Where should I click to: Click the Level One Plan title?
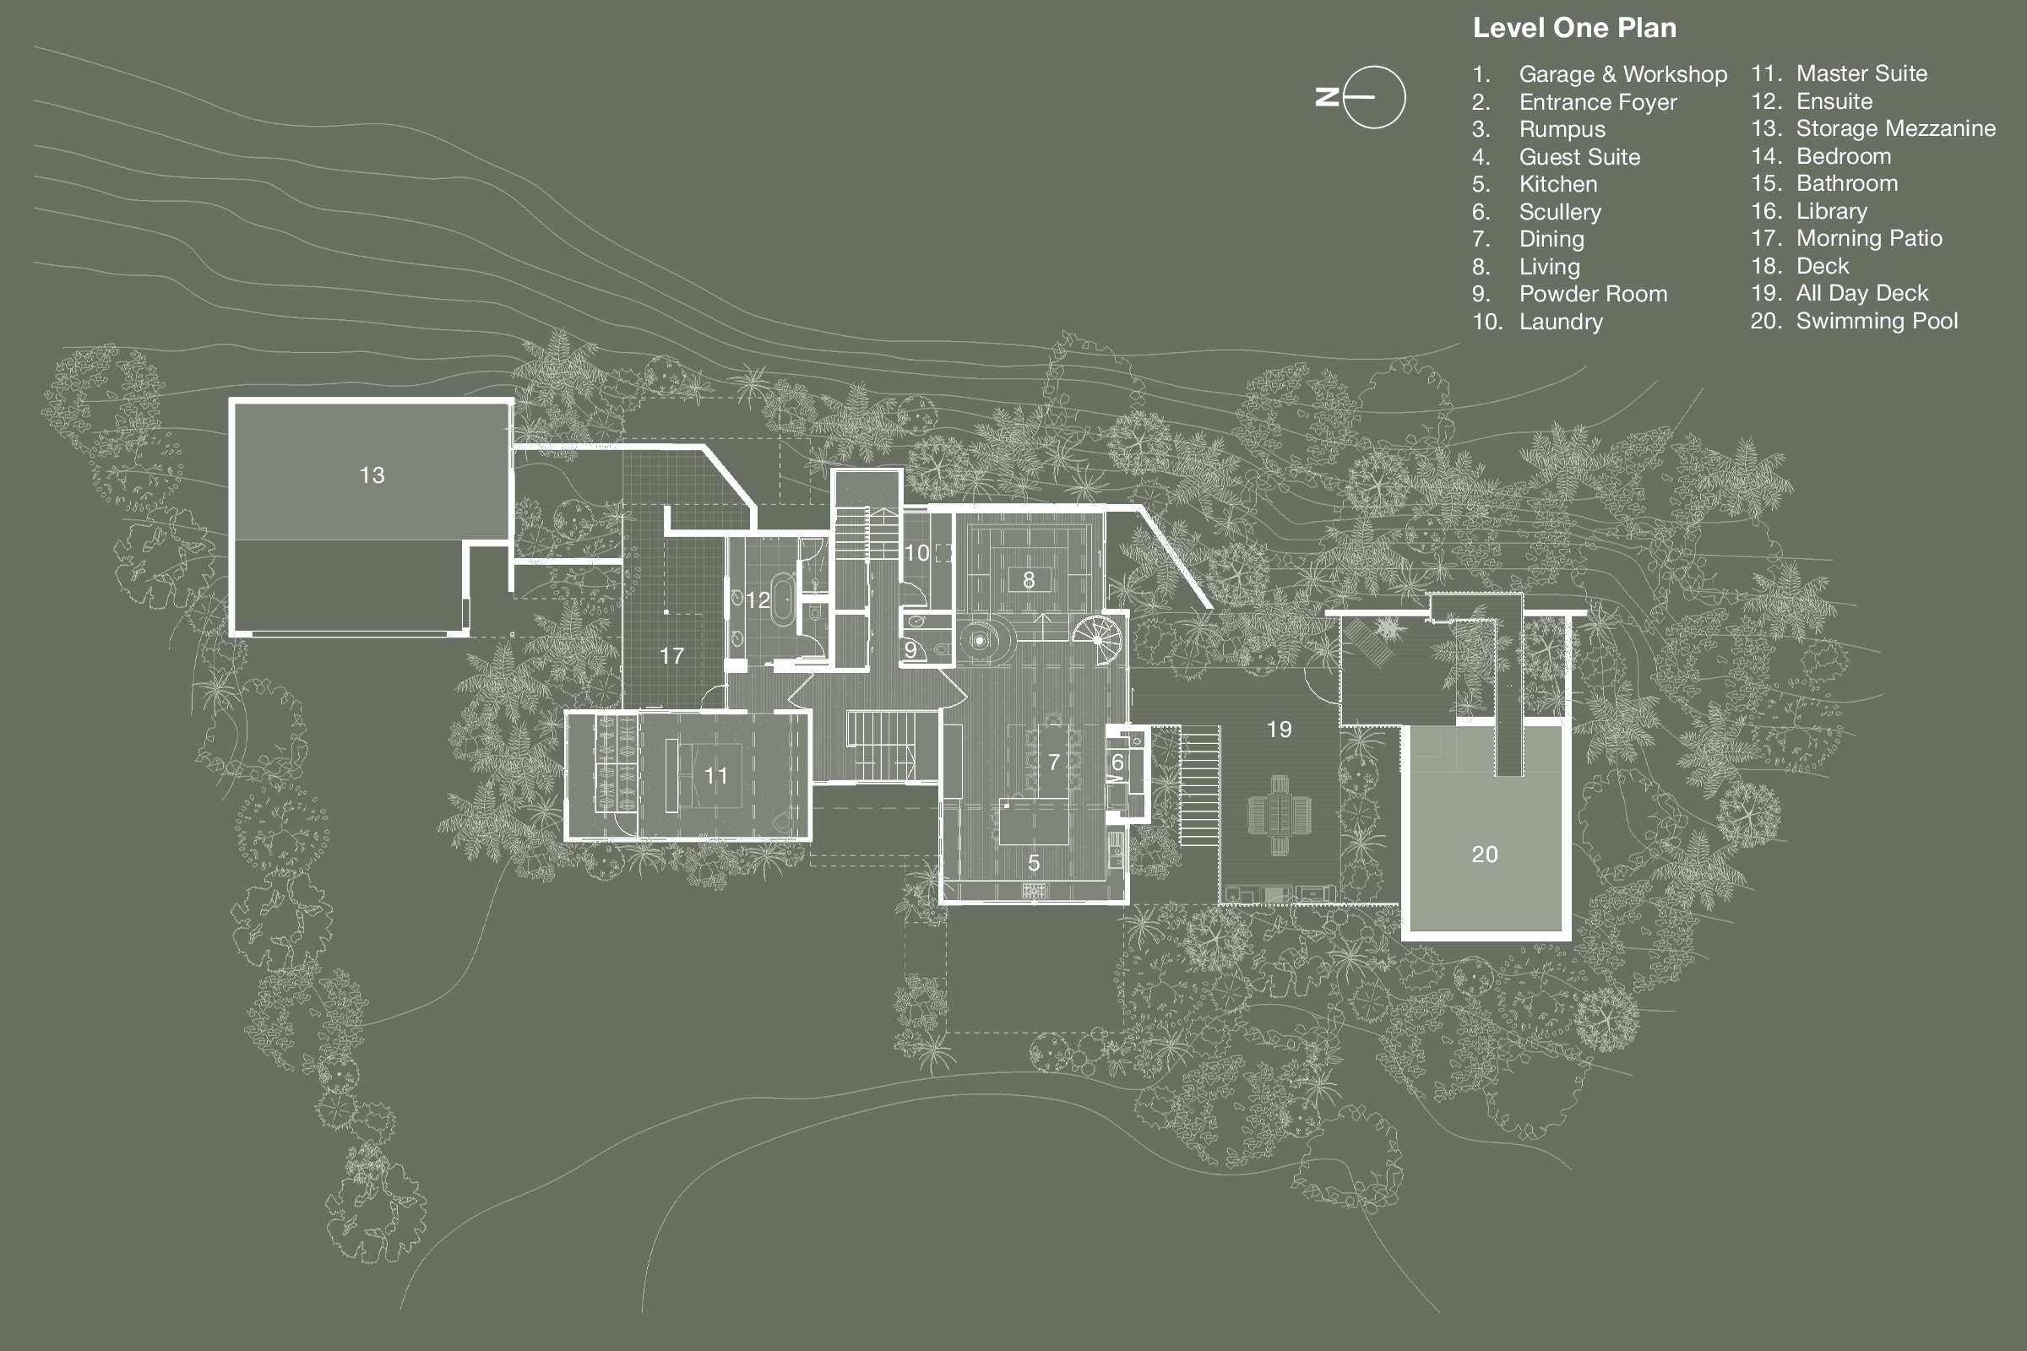[1573, 29]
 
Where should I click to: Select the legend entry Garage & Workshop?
[1622, 74]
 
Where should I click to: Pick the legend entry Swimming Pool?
[1876, 322]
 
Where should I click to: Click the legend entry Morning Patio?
[1868, 239]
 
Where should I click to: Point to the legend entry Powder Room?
[1593, 294]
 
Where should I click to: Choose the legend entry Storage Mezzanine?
[1895, 128]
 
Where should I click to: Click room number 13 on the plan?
[372, 475]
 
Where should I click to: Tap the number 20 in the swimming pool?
[1484, 855]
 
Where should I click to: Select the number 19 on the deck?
[1279, 730]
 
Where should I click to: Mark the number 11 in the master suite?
[715, 776]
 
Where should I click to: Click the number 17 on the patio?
[671, 657]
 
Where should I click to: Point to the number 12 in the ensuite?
[758, 600]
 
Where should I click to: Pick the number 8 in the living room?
[1028, 581]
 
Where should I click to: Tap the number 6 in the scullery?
[1117, 762]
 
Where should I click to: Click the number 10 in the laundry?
[917, 553]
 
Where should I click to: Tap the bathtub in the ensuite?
[784, 595]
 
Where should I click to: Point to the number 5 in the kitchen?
[1033, 863]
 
